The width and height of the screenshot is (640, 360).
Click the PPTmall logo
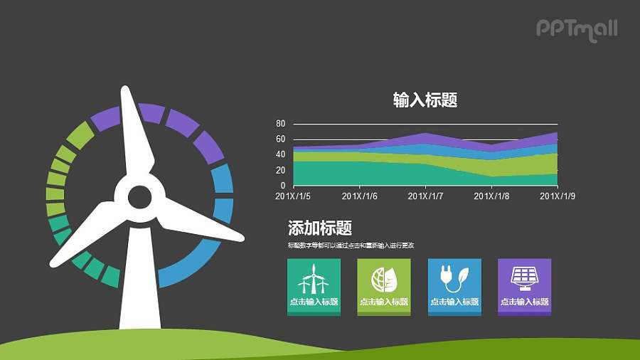576,29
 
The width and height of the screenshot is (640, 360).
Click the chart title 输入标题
425,100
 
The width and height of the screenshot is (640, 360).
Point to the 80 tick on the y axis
280,124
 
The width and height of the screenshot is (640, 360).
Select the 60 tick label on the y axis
280,139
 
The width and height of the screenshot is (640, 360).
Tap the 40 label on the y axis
280,154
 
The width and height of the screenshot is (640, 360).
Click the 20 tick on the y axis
280,170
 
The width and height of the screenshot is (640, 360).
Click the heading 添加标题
320,228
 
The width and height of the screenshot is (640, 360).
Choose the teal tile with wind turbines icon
314,285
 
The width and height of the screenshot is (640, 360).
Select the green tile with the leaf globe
384,285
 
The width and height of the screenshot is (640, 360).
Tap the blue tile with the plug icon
454,285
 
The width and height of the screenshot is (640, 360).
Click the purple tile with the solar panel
524,285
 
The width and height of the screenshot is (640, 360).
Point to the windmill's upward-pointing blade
135,135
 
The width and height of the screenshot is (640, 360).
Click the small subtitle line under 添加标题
351,245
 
